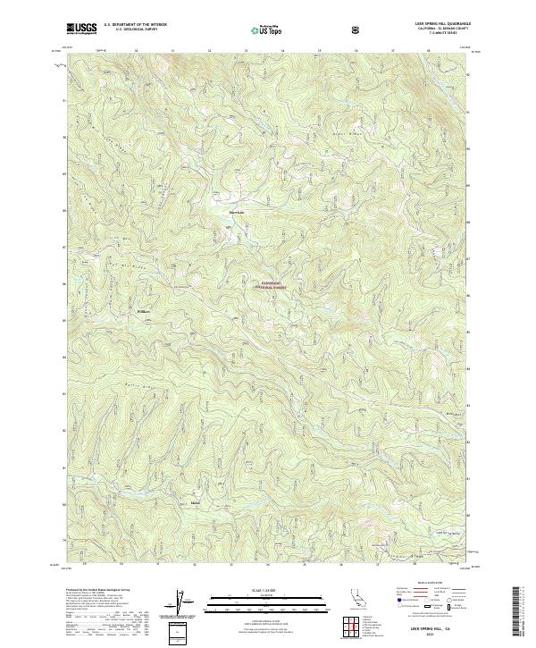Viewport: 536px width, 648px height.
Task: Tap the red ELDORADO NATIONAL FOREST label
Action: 272,286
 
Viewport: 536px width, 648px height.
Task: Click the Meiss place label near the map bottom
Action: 196,504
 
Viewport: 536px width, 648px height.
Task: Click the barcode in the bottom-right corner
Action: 520,609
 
